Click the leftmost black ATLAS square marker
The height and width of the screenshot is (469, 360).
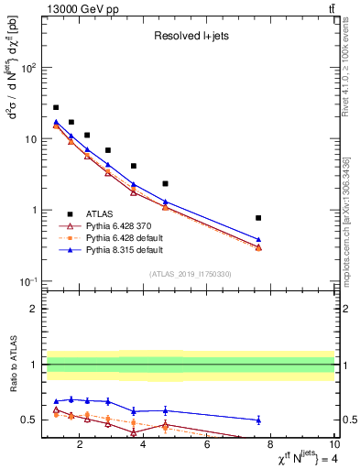point(56,107)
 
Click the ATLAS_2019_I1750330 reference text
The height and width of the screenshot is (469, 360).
point(191,273)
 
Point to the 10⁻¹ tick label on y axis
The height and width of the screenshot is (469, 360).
point(27,281)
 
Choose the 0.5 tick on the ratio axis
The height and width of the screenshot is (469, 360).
point(29,420)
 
